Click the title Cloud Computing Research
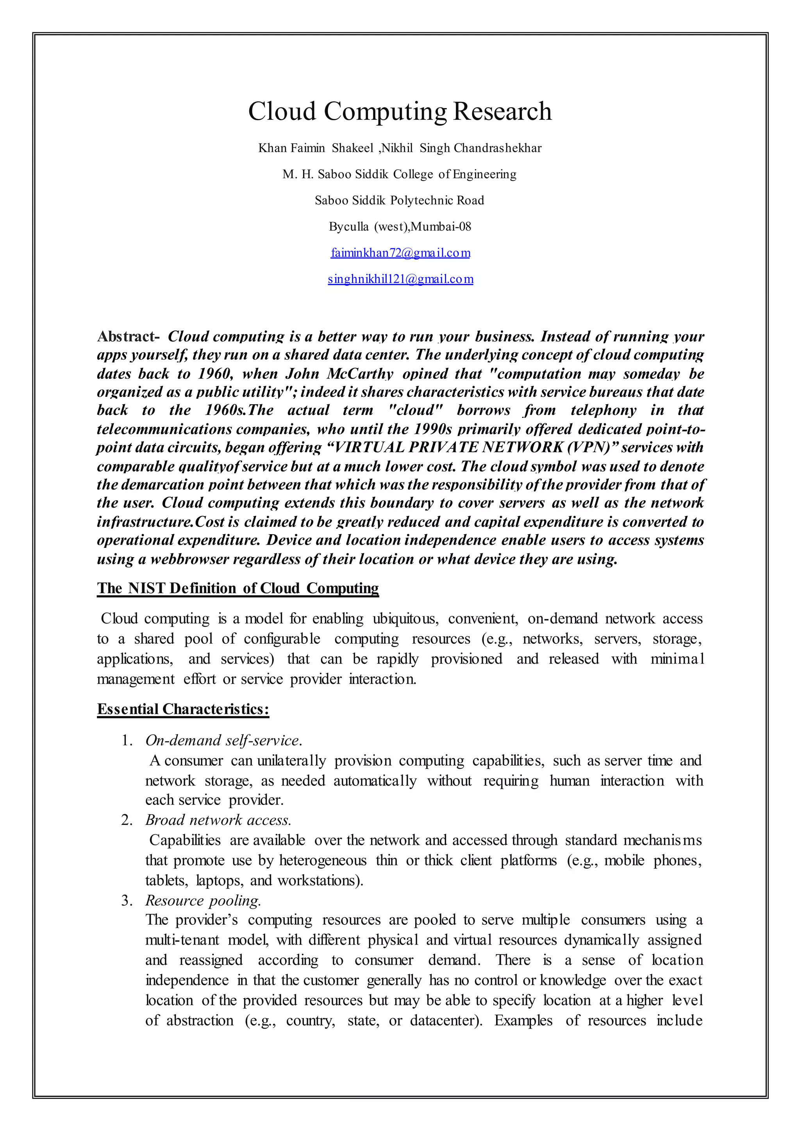(400, 111)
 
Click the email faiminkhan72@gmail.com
(400, 253)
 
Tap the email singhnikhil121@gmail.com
(400, 279)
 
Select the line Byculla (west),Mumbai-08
(400, 226)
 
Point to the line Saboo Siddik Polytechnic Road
(400, 200)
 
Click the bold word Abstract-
(128, 337)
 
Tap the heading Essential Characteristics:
(183, 709)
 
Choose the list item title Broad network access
(218, 820)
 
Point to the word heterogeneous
(323, 860)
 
